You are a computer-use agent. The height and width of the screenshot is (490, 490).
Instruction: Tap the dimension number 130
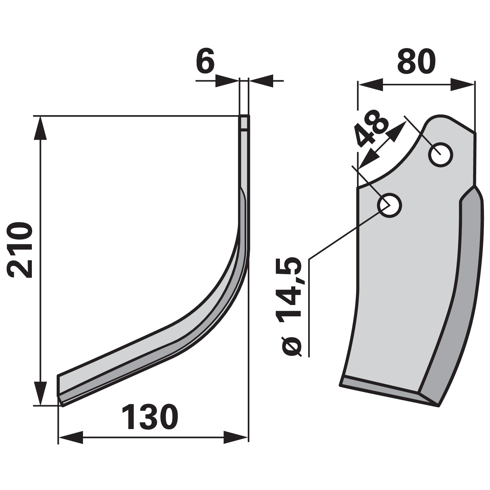click(x=150, y=417)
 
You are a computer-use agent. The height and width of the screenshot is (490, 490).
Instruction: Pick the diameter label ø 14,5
click(x=290, y=307)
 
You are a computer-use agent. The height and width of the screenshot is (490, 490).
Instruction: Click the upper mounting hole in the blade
click(x=441, y=155)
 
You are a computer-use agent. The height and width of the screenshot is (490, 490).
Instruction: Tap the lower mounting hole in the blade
click(x=390, y=205)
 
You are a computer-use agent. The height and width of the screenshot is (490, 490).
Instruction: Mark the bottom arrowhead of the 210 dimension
click(x=40, y=393)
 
